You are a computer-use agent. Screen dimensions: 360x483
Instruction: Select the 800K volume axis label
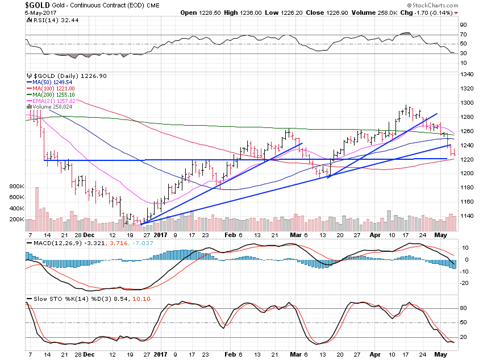17,186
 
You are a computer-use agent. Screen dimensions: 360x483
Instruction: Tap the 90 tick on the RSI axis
463,25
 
